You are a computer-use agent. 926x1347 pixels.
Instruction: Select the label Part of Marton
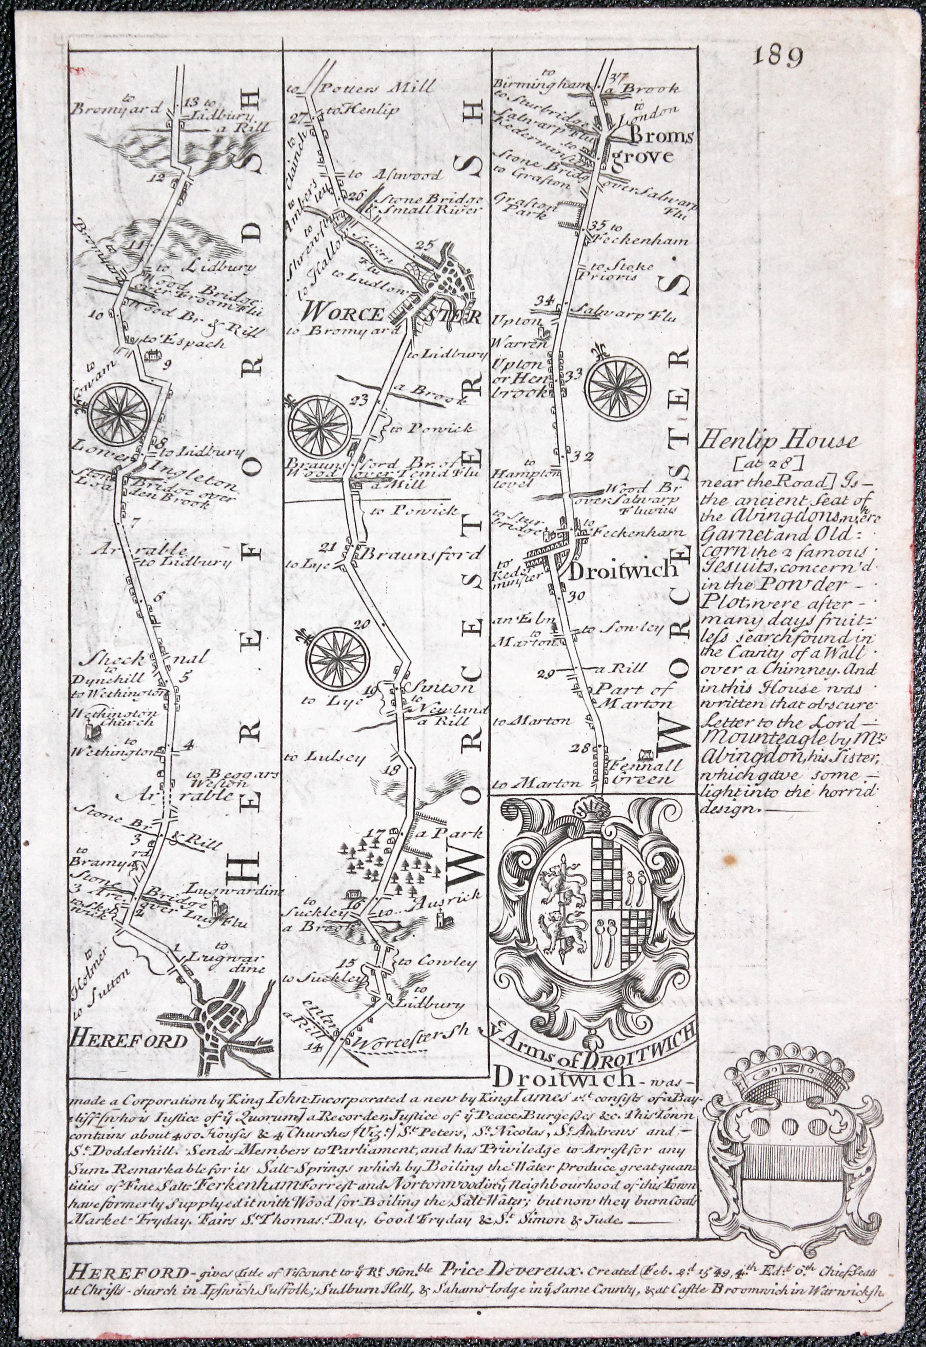635,696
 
